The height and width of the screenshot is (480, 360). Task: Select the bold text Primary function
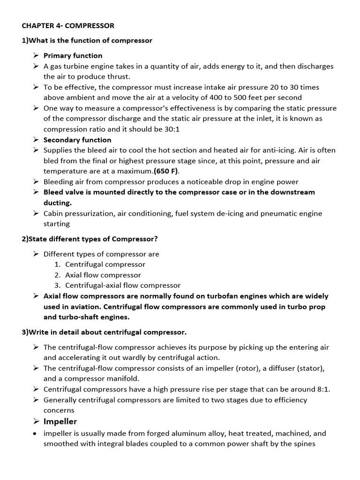point(73,55)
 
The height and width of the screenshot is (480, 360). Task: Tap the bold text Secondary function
point(77,140)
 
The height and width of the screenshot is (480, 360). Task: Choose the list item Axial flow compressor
point(103,275)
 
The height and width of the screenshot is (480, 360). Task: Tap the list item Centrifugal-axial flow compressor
point(122,285)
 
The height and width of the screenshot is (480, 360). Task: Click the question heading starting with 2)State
point(90,239)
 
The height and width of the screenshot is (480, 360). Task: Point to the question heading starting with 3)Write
point(104,332)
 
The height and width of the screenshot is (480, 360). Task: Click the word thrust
point(119,76)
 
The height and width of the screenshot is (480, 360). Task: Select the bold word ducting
point(57,202)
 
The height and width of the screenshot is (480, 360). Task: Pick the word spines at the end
point(305,444)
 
